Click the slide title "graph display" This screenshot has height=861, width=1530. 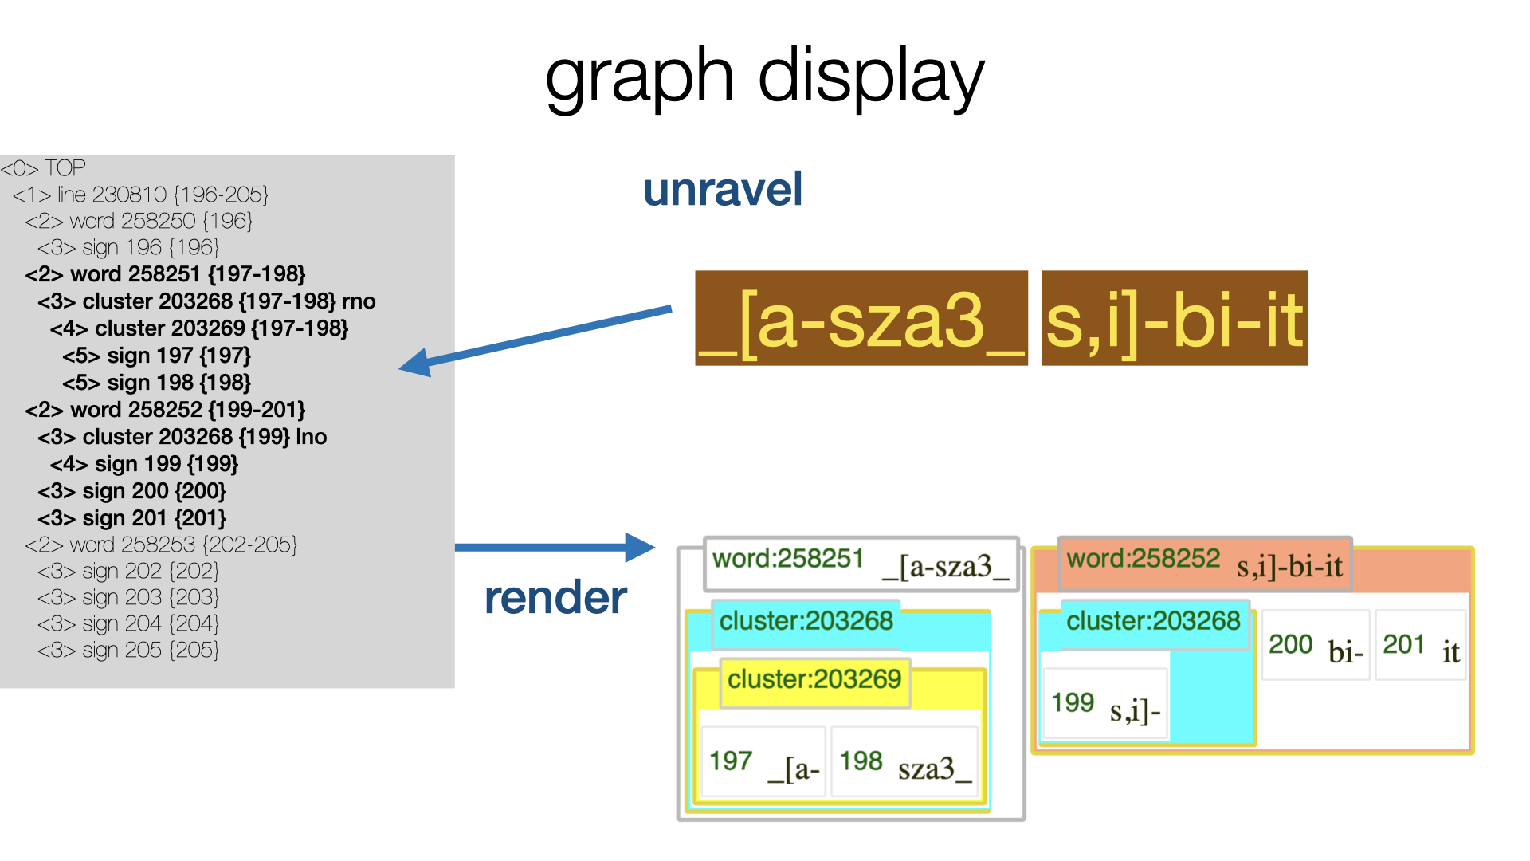(x=765, y=77)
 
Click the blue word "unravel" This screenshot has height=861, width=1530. (x=723, y=190)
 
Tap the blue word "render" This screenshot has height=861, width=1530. (x=555, y=598)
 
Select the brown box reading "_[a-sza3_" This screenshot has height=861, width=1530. (x=861, y=318)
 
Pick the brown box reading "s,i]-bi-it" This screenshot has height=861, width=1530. (x=1175, y=318)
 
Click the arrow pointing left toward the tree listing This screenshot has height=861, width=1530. (x=535, y=340)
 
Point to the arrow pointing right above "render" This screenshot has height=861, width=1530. (x=555, y=547)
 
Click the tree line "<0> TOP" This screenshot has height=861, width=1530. (x=43, y=168)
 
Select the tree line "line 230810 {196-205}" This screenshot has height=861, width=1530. (x=141, y=195)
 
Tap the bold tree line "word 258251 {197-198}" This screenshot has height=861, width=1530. (x=165, y=274)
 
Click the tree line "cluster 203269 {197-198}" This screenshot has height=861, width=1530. (x=199, y=328)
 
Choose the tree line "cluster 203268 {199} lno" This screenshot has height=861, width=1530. (x=182, y=437)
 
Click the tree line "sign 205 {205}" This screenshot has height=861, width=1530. (x=128, y=651)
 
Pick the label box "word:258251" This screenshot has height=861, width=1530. (x=861, y=564)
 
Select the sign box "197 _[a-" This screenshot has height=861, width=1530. (x=763, y=761)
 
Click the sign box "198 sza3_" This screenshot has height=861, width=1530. (x=904, y=761)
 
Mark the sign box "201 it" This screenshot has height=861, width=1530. (x=1420, y=645)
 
